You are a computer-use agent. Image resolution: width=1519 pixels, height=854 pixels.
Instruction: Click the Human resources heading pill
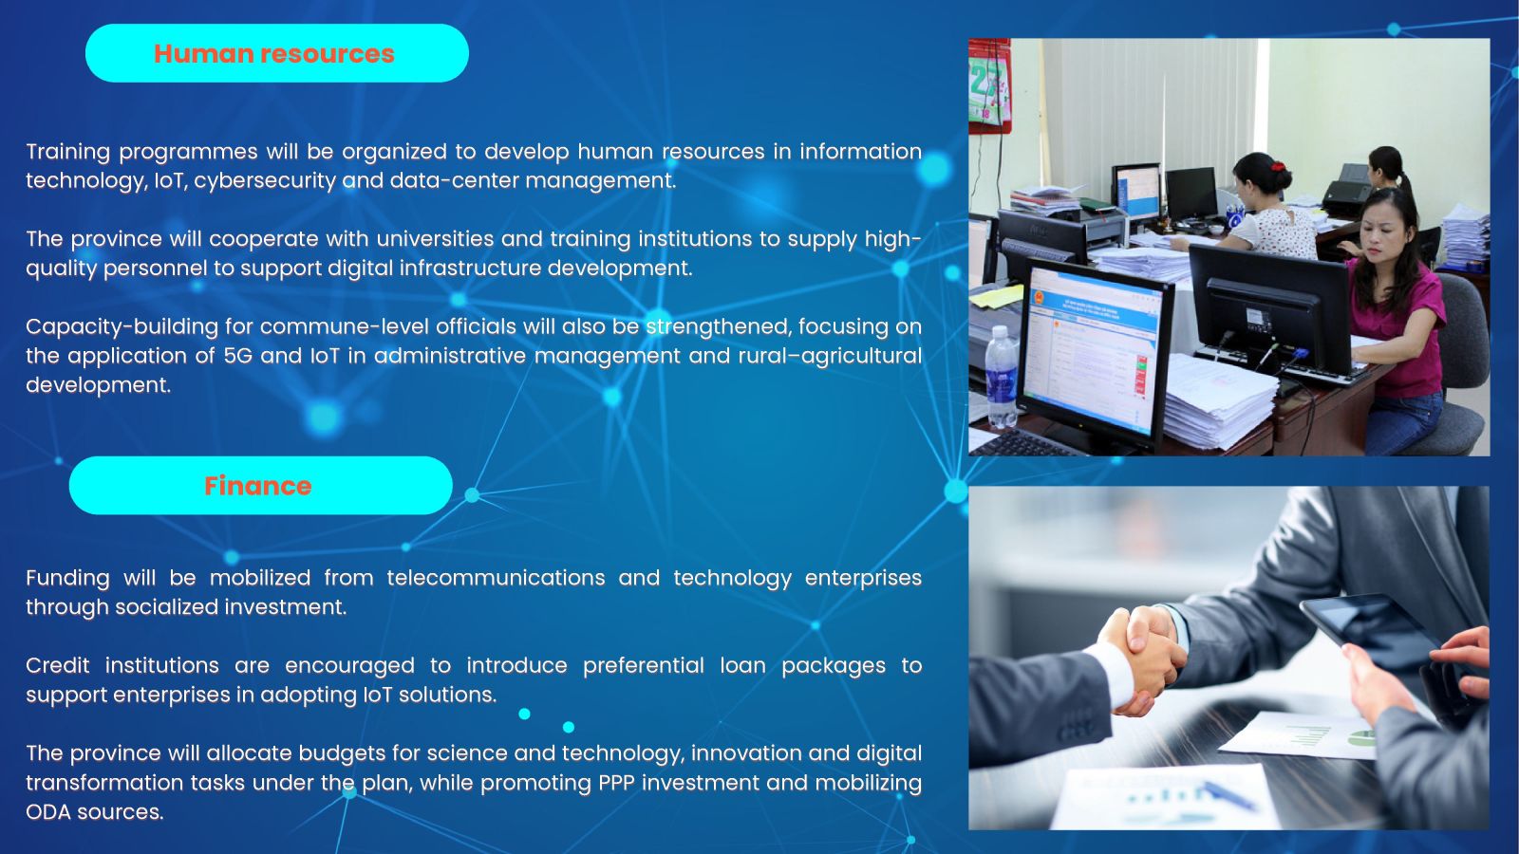pyautogui.click(x=276, y=53)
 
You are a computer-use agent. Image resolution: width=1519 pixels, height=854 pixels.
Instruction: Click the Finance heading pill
pyautogui.click(x=260, y=485)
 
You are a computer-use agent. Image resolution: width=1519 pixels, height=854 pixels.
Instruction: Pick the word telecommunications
pyautogui.click(x=496, y=578)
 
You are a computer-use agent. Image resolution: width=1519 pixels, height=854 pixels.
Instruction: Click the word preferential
pyautogui.click(x=644, y=665)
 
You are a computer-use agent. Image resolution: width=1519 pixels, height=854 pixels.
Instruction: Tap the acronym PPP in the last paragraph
pyautogui.click(x=616, y=783)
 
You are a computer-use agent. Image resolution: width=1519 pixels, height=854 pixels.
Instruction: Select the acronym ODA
pyautogui.click(x=47, y=812)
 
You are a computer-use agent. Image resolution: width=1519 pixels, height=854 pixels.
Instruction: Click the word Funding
pyautogui.click(x=67, y=578)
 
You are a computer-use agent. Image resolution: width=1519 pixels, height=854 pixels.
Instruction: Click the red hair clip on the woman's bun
pyautogui.click(x=1278, y=165)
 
